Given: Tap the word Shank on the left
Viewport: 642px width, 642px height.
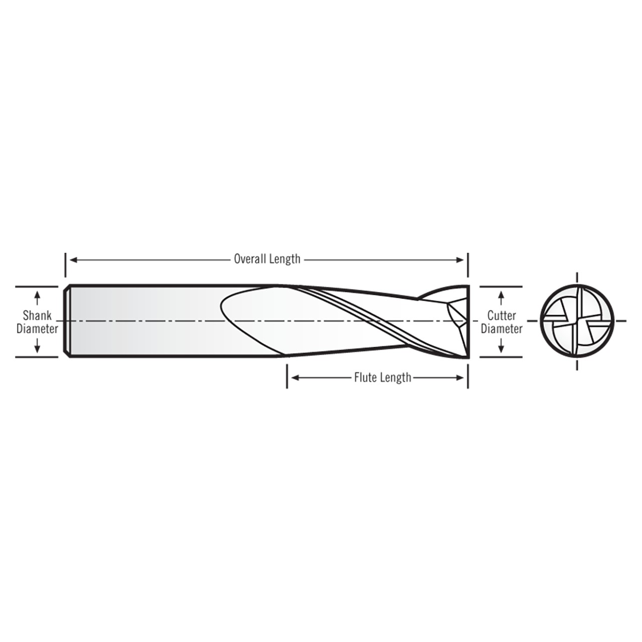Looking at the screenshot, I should (x=37, y=316).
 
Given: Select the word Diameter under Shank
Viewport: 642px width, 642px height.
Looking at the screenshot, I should (x=37, y=329).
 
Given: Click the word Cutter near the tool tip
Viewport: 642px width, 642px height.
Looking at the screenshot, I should (x=502, y=315).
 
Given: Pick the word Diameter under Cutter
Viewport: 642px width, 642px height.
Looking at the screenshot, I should (x=502, y=329).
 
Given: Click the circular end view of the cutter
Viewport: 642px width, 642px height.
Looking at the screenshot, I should (x=577, y=321).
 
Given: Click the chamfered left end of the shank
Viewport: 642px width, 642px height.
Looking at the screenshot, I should (x=67, y=321).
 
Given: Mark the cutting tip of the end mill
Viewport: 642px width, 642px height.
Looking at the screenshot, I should (x=466, y=321).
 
